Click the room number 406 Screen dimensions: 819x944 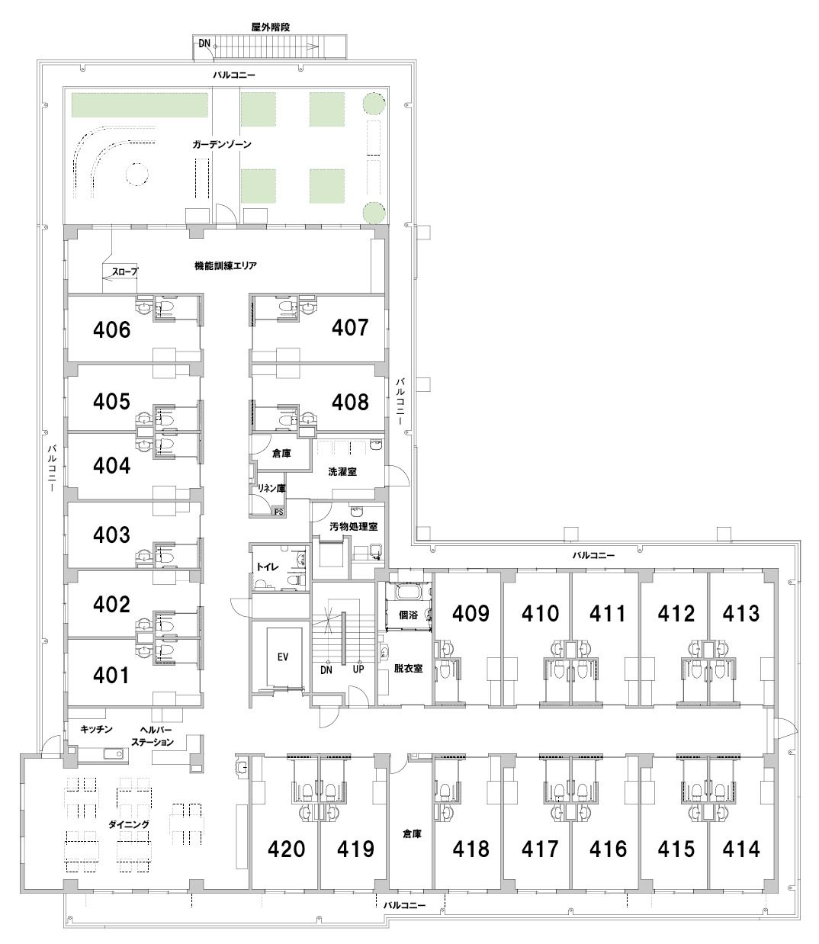click(x=111, y=330)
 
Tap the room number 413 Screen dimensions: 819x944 click(x=741, y=614)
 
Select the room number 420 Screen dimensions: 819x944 click(x=287, y=849)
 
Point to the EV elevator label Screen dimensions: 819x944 click(x=283, y=657)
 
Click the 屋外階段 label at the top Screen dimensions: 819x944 click(x=271, y=27)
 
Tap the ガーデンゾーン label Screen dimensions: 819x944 click(x=222, y=144)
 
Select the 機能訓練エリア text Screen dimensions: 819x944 click(x=226, y=266)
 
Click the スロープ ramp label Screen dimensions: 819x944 click(x=125, y=271)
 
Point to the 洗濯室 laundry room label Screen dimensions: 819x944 click(x=342, y=472)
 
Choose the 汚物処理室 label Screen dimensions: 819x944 click(x=353, y=526)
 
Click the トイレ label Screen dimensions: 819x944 click(x=268, y=567)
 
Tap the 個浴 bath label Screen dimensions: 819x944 click(x=408, y=615)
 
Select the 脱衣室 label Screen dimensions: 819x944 click(x=408, y=669)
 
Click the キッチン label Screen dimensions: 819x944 click(x=96, y=730)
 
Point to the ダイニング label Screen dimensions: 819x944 click(x=129, y=824)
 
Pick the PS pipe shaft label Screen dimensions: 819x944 click(x=278, y=512)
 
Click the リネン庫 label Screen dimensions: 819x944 click(x=271, y=488)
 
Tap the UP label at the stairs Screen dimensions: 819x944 click(x=358, y=669)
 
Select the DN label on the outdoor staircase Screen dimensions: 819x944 click(x=204, y=43)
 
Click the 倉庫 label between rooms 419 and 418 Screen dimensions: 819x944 click(x=412, y=834)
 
